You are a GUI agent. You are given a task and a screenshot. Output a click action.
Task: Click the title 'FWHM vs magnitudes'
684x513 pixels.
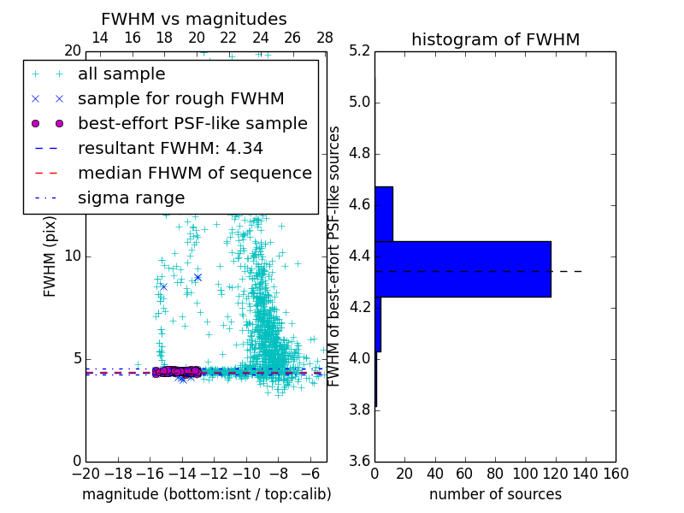(193, 19)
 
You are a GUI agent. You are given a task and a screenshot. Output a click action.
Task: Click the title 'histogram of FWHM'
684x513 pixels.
(495, 39)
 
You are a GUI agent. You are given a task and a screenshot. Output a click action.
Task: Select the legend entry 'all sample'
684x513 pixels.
(121, 74)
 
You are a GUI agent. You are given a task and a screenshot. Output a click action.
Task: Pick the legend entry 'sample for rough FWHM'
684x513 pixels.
(180, 99)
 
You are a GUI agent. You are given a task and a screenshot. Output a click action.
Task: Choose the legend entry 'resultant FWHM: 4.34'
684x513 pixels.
(170, 149)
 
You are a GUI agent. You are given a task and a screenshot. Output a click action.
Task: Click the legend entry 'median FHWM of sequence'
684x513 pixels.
(194, 174)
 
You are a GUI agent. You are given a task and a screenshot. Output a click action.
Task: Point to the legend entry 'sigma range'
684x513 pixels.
(131, 198)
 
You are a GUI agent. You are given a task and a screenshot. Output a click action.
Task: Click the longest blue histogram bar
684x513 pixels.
(463, 269)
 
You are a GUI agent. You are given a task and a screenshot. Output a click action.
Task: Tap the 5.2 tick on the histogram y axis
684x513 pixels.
(361, 51)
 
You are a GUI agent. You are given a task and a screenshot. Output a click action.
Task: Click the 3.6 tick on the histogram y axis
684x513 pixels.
(361, 460)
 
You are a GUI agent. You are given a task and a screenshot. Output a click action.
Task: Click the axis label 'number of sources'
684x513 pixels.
(495, 494)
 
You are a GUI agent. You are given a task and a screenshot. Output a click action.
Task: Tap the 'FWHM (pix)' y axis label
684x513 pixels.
(50, 256)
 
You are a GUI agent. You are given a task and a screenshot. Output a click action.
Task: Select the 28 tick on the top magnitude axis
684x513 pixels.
(325, 38)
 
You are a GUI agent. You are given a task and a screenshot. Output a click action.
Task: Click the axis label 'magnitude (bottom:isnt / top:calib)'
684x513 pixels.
(206, 494)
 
